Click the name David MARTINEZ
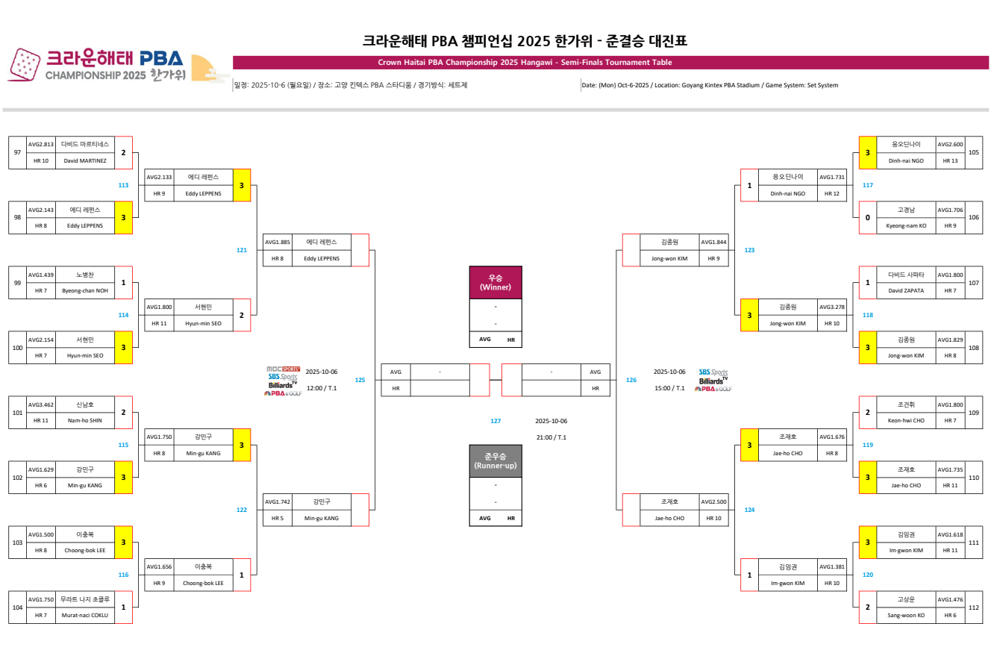click(84, 160)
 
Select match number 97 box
click(17, 152)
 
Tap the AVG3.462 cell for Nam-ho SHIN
click(40, 404)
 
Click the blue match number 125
click(360, 380)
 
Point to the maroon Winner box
click(496, 283)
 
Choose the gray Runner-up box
click(496, 461)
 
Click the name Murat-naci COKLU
click(84, 615)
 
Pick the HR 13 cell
click(950, 160)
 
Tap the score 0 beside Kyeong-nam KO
click(867, 217)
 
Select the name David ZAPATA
click(906, 290)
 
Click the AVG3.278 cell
click(832, 307)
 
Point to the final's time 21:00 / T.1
click(551, 437)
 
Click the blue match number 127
click(496, 421)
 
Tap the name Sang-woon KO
click(906, 615)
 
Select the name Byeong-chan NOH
click(84, 290)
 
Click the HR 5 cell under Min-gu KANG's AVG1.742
click(278, 518)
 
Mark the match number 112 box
click(973, 607)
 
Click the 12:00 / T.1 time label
click(322, 388)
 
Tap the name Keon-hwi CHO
click(906, 420)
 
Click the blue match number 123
click(750, 250)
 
